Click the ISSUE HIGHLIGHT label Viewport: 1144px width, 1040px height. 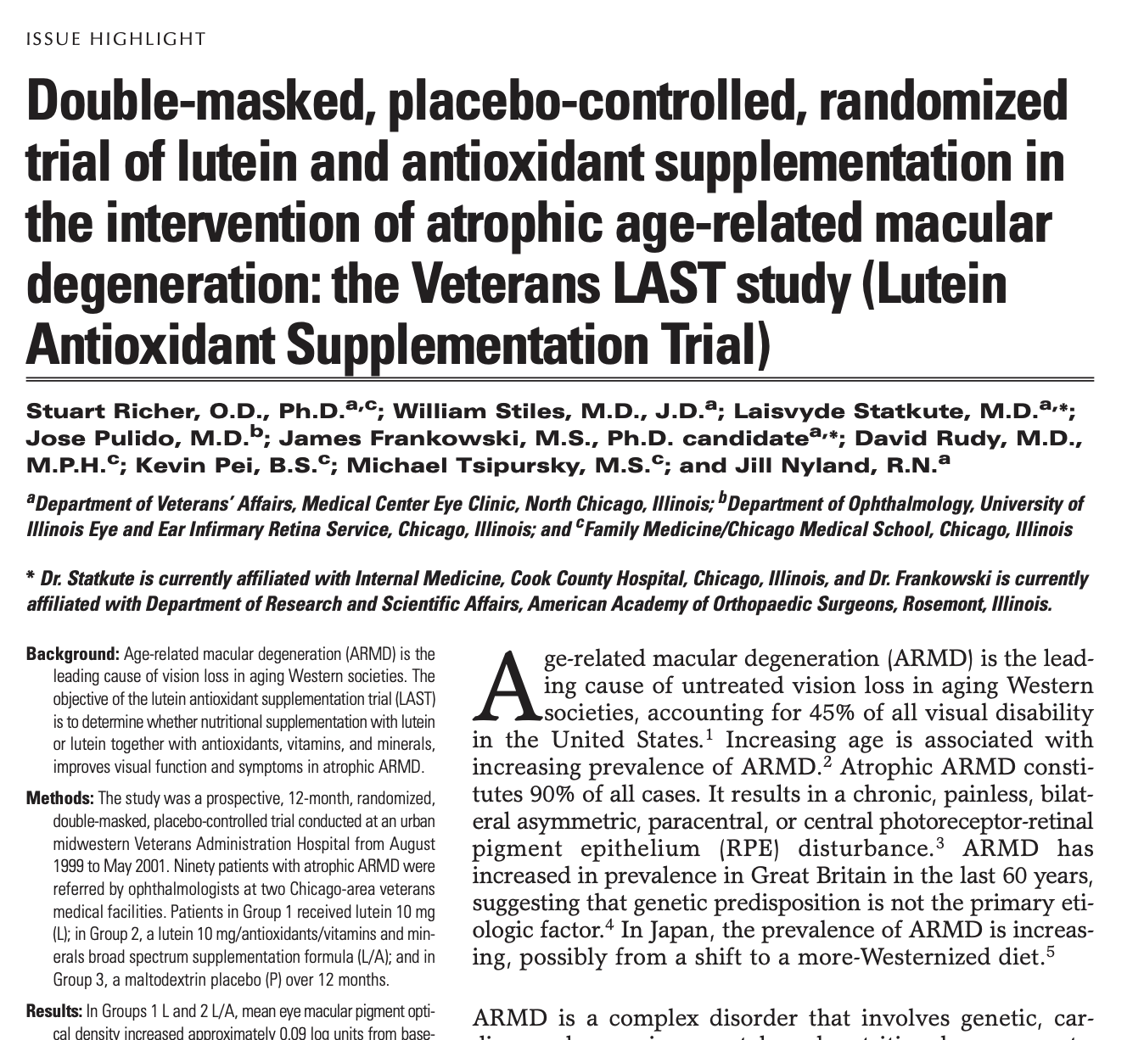116,39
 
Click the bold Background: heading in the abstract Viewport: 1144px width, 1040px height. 73,654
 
